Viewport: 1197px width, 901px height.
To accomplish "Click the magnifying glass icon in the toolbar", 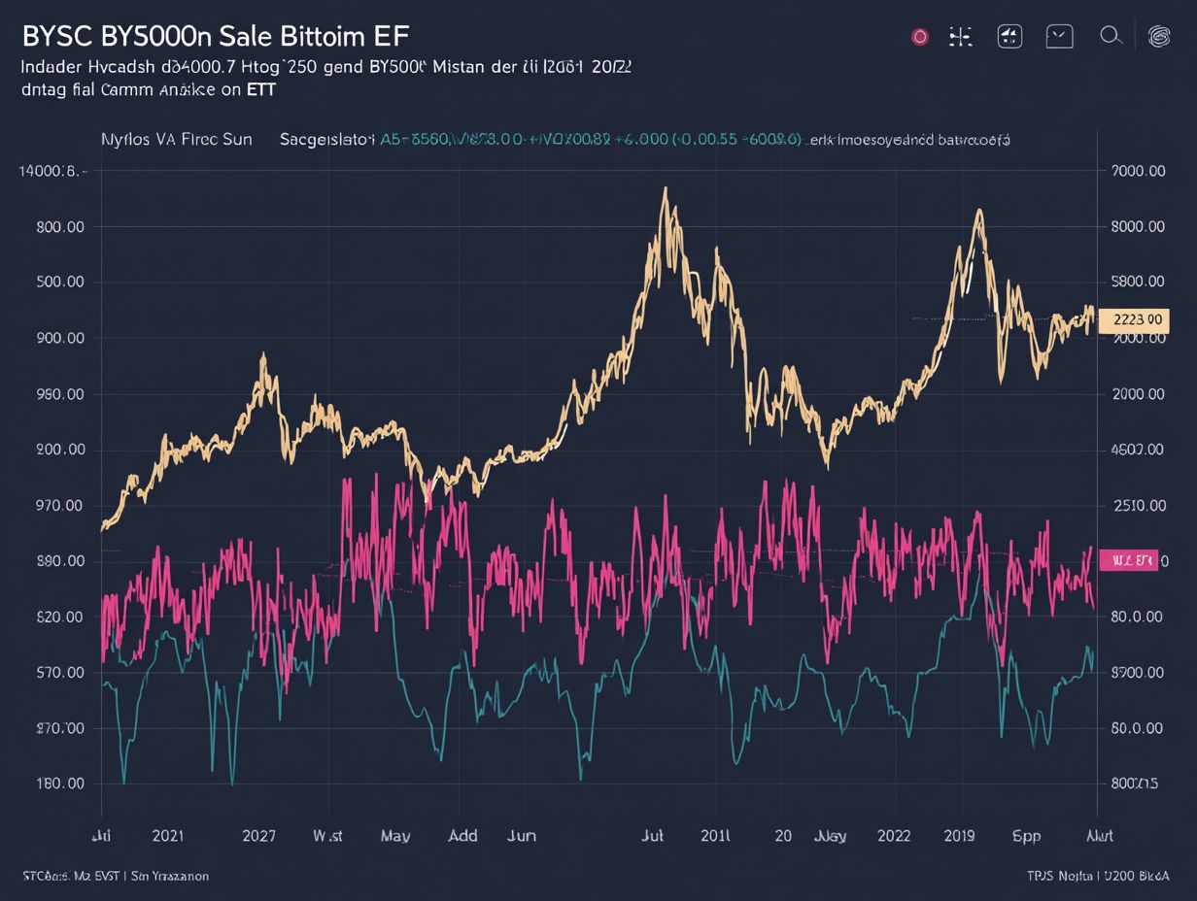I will (x=1111, y=37).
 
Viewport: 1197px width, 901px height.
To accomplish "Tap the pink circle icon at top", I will (x=919, y=37).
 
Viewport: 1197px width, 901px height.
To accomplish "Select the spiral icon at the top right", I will (x=1159, y=37).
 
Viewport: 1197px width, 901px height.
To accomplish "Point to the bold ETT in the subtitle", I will (x=260, y=89).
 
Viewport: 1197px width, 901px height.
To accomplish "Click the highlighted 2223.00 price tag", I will (x=1134, y=319).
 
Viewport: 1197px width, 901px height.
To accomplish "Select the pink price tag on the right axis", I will (x=1128, y=560).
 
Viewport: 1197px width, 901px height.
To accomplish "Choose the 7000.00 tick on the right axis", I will (x=1137, y=171).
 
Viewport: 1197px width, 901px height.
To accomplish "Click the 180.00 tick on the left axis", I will (x=60, y=784).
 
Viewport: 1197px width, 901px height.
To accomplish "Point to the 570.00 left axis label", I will (x=60, y=672).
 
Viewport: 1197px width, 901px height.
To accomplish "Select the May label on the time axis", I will (x=395, y=835).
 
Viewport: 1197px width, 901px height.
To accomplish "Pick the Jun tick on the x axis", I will (x=522, y=835).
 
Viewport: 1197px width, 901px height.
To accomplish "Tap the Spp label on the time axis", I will (x=1026, y=835).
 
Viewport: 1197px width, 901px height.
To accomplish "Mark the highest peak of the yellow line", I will (x=665, y=189).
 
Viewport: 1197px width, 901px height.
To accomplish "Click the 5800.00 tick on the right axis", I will (x=1137, y=282).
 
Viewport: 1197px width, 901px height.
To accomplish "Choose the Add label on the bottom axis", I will (x=462, y=835).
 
